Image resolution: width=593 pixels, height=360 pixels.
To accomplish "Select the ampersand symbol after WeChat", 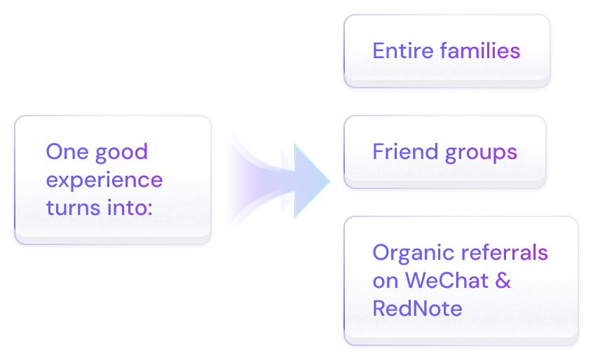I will (x=503, y=280).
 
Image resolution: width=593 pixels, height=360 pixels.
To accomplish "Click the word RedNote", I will (x=417, y=307).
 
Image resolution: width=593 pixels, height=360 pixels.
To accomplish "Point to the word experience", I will (x=104, y=181).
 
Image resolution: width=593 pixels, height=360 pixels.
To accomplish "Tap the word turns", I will (x=71, y=207).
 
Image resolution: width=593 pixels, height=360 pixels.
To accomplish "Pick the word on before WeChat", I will (x=386, y=281).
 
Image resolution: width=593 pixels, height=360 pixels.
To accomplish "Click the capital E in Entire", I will (x=378, y=51).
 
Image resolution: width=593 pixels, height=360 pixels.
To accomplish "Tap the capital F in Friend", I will (x=378, y=152).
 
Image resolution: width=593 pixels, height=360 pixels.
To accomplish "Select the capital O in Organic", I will (x=381, y=253).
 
